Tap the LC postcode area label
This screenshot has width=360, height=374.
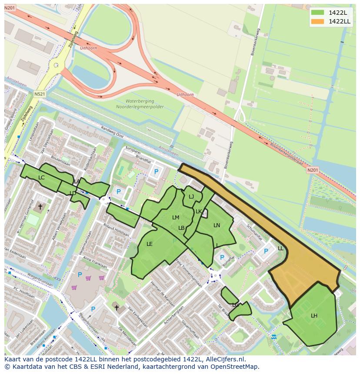point(41,178)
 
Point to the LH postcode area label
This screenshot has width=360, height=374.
point(314,315)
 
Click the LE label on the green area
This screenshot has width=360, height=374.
point(150,244)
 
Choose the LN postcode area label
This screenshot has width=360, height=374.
point(217,225)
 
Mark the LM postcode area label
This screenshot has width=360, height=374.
point(176,218)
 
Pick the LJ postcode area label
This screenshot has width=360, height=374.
point(191,197)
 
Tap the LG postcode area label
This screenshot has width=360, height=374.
point(235,305)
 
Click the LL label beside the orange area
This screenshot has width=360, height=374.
point(280,248)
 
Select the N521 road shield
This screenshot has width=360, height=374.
point(40,94)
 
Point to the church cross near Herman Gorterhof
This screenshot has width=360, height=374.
point(40,207)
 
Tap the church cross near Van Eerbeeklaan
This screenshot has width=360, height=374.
point(117,308)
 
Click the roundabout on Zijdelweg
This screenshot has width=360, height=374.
point(56,66)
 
